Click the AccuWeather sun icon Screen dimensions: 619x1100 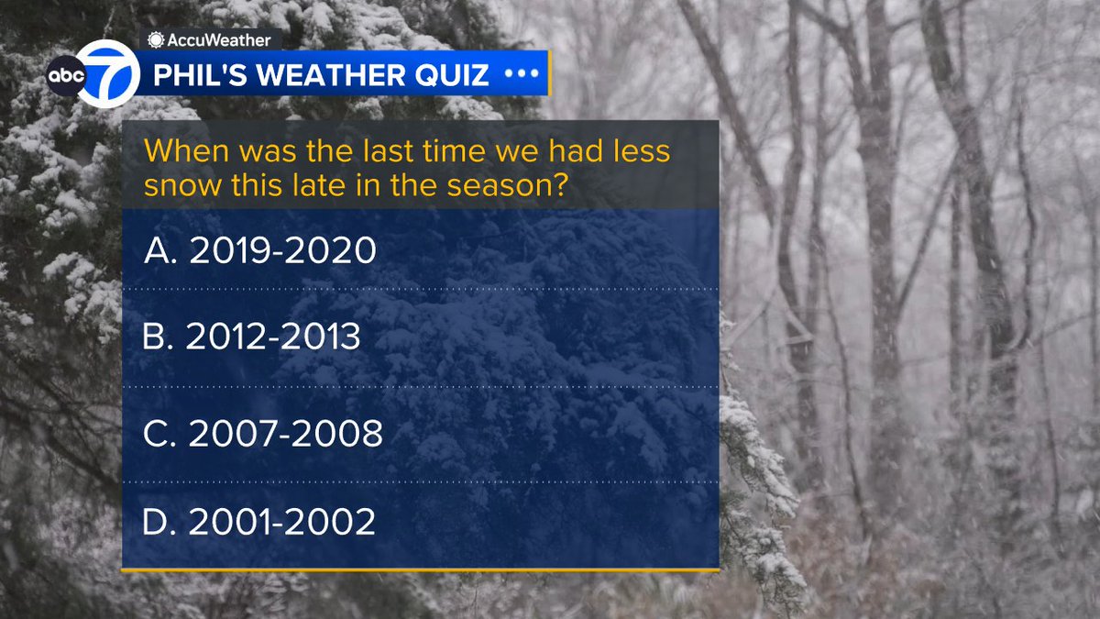(x=157, y=39)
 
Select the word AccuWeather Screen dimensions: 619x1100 (x=219, y=39)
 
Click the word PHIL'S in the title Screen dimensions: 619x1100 (x=195, y=74)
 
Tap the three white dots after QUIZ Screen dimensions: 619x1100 (x=522, y=73)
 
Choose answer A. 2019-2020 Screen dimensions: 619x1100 (x=260, y=250)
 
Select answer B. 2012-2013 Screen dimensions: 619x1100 (x=252, y=337)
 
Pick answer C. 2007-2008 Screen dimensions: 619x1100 (x=262, y=434)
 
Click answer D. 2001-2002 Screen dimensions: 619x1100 (x=259, y=522)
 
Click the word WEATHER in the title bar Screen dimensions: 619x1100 (x=317, y=74)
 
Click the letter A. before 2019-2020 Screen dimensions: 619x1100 (x=159, y=250)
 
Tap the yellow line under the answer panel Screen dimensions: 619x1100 (x=420, y=570)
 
